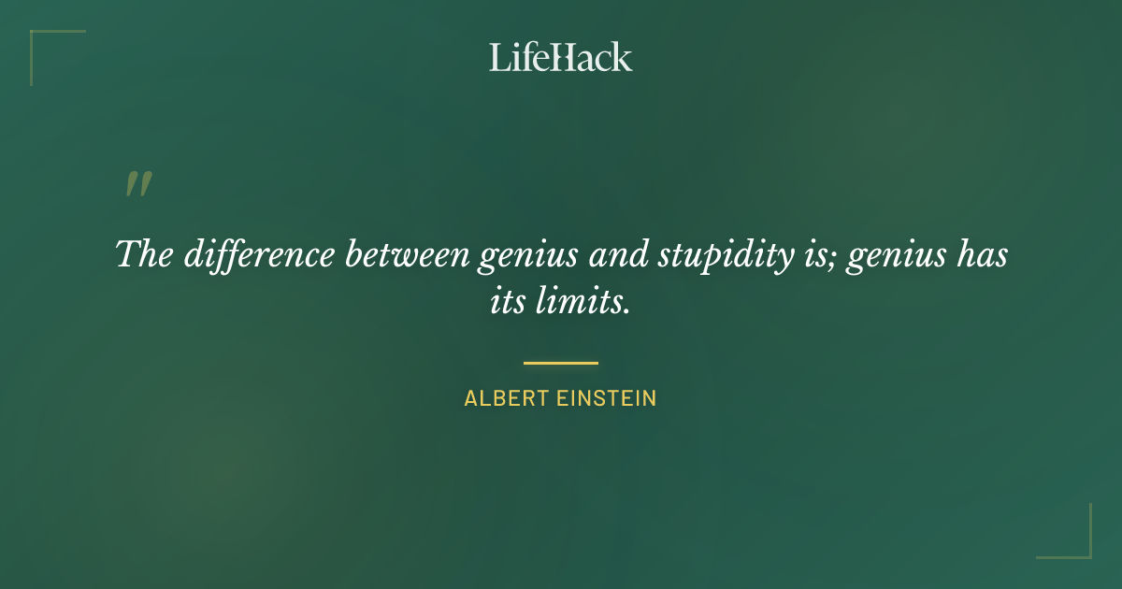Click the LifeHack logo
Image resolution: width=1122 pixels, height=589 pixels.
(560, 57)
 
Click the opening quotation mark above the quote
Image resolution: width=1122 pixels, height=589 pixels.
(137, 184)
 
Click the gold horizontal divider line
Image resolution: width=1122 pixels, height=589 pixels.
(560, 363)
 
